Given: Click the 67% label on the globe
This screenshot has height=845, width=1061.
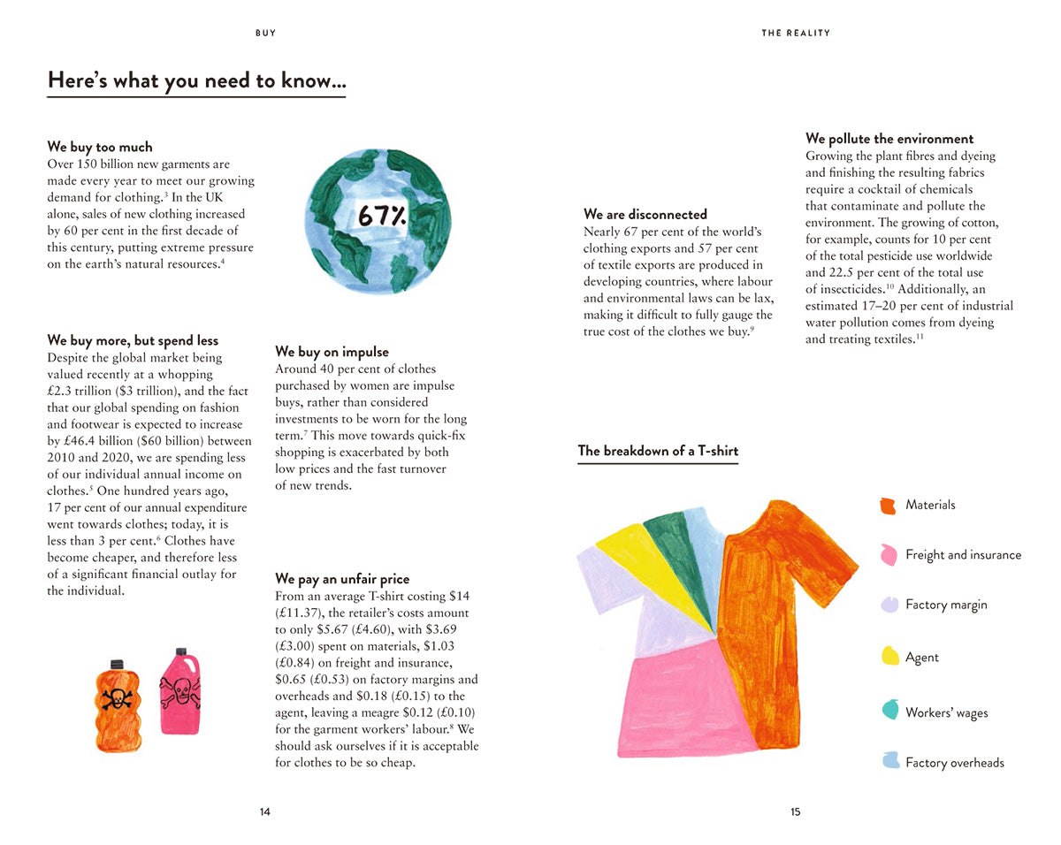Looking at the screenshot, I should point(382,215).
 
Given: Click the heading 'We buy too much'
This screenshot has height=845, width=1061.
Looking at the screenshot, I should point(100,147).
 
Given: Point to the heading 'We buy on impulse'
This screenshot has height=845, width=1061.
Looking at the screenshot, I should point(332,352).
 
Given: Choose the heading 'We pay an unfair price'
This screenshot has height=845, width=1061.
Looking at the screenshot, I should point(342,579).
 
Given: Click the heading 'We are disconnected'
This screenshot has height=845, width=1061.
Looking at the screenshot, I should point(645,214).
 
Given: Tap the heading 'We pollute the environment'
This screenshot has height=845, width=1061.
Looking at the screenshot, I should point(889,139).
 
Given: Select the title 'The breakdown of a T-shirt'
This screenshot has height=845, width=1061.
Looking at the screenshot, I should point(658,451).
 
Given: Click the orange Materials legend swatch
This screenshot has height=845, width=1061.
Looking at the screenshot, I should point(889,506).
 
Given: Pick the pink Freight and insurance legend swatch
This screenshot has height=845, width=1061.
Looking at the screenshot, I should point(889,555).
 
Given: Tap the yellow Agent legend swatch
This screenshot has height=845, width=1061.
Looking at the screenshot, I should point(890,657).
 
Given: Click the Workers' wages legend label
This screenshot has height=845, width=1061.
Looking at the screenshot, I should point(946,712).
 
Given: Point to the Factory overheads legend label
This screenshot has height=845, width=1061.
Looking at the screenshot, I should point(955,763).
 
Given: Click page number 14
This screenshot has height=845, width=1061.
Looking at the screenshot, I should point(265,812).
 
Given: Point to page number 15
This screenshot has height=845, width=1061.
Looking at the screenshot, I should point(796,812).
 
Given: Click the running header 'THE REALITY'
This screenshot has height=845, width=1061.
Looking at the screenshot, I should point(796,33).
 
